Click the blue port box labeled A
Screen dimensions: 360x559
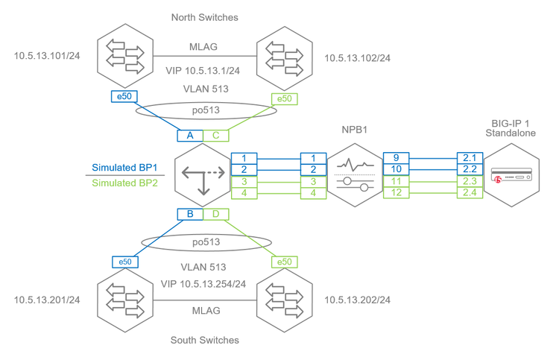click(190, 136)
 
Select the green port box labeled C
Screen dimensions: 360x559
click(216, 136)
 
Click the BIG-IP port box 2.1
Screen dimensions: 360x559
click(469, 158)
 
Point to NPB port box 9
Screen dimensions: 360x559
click(395, 158)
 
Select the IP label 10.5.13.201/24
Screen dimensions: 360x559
click(47, 300)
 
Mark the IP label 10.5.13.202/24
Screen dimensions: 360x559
click(358, 300)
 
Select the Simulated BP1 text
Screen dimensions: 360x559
click(122, 168)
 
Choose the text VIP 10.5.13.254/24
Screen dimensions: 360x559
click(204, 284)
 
